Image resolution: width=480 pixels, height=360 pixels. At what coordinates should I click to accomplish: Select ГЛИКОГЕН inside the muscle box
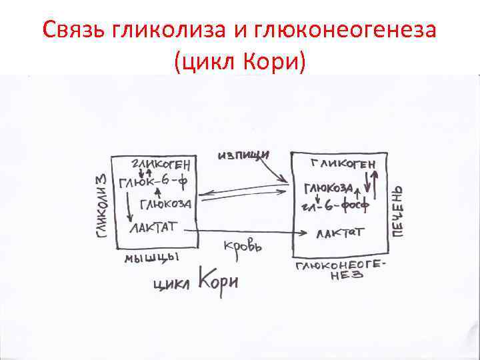pos(163,163)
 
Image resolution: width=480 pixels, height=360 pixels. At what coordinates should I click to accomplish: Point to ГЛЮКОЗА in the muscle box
pos(166,203)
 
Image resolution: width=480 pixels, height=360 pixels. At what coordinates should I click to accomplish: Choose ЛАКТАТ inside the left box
pos(153,227)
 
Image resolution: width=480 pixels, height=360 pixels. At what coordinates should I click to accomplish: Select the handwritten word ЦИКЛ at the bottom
pos(172,284)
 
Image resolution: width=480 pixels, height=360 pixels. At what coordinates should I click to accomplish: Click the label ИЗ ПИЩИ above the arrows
pos(243,155)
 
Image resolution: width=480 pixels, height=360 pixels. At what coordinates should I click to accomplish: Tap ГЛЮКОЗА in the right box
pos(329,189)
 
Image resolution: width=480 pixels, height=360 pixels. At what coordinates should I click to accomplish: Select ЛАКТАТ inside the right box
pos(340,233)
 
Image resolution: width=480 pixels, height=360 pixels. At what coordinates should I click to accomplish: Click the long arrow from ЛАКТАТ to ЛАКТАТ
pos(253,233)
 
